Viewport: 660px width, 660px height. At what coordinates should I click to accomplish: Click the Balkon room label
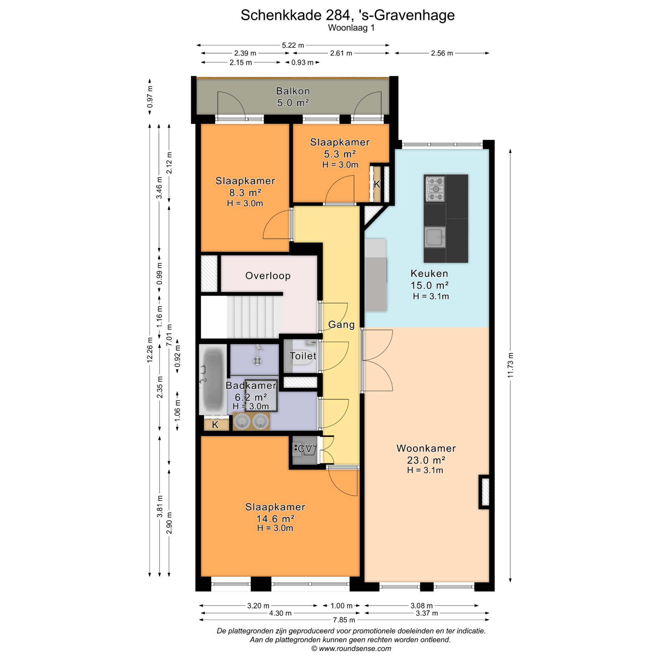tap(293, 91)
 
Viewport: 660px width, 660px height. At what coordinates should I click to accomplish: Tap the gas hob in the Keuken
tap(435, 189)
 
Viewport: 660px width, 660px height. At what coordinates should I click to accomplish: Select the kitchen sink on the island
tap(435, 237)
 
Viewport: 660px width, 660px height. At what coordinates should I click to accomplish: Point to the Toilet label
tap(303, 356)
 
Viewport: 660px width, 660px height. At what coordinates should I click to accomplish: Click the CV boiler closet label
tap(305, 449)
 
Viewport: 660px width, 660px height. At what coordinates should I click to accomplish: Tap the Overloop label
tap(268, 276)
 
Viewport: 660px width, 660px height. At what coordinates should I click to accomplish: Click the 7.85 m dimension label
tap(344, 620)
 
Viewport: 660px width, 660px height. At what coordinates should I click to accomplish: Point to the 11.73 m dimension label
tap(510, 365)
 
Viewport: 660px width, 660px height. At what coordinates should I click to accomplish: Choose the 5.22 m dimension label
tap(293, 45)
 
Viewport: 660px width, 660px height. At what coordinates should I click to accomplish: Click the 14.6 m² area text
tap(275, 519)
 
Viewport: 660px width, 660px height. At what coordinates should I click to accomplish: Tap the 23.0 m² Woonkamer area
tap(426, 460)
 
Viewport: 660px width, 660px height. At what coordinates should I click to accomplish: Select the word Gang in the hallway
tap(341, 324)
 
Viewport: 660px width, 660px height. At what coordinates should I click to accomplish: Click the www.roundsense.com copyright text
tap(351, 649)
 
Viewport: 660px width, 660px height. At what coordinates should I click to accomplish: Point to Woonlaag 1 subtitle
tap(351, 28)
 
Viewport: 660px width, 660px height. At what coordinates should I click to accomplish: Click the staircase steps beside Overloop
tap(254, 317)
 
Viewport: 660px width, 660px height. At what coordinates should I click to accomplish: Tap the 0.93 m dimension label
tap(302, 63)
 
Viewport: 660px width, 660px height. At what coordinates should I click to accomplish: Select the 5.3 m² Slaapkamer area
tap(340, 154)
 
